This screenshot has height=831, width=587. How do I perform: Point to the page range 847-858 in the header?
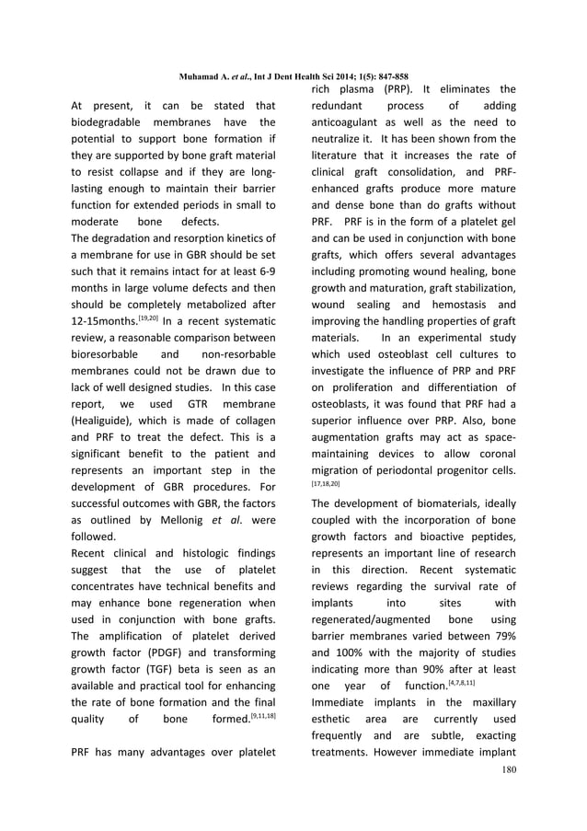click(x=390, y=76)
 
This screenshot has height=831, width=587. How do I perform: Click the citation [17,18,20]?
click(x=325, y=481)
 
